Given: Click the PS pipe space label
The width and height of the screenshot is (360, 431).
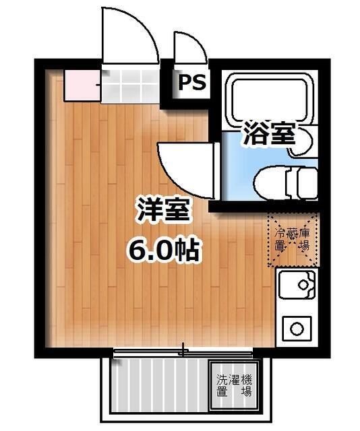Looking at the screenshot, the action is coord(192,81).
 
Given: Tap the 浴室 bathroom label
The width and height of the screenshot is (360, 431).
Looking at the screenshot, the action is coord(269,133).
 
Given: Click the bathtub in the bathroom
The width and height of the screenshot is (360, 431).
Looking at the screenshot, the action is coord(270,100).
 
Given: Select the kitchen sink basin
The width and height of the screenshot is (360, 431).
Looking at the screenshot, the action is coord(297,285).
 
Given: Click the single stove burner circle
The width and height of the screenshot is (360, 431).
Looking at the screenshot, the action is coord(297,329).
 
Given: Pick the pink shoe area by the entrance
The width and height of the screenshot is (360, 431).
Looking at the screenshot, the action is coord(82,86).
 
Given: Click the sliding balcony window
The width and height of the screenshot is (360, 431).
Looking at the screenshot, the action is coord(183,353).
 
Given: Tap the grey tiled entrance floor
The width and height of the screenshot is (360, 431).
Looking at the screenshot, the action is coord(131,86).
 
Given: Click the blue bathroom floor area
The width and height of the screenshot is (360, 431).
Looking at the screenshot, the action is coord(239,165).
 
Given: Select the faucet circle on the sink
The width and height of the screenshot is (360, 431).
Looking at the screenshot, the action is coord(303,284).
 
